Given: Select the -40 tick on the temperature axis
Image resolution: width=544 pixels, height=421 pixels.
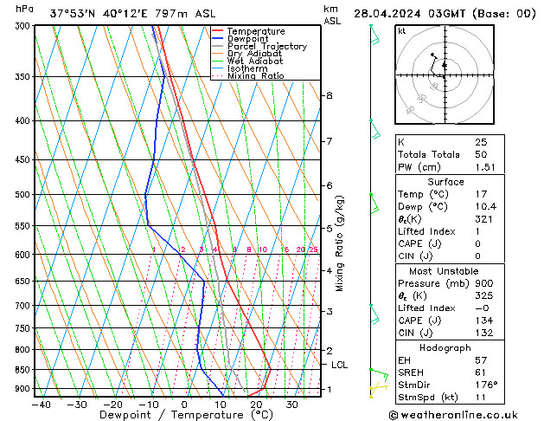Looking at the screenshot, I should [x=41, y=404].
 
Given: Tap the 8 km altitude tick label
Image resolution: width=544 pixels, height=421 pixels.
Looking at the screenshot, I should [x=329, y=95].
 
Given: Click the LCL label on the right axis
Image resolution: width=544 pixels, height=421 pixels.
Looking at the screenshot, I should [x=340, y=365].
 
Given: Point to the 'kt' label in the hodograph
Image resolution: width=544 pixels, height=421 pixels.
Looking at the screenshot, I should [x=401, y=31].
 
